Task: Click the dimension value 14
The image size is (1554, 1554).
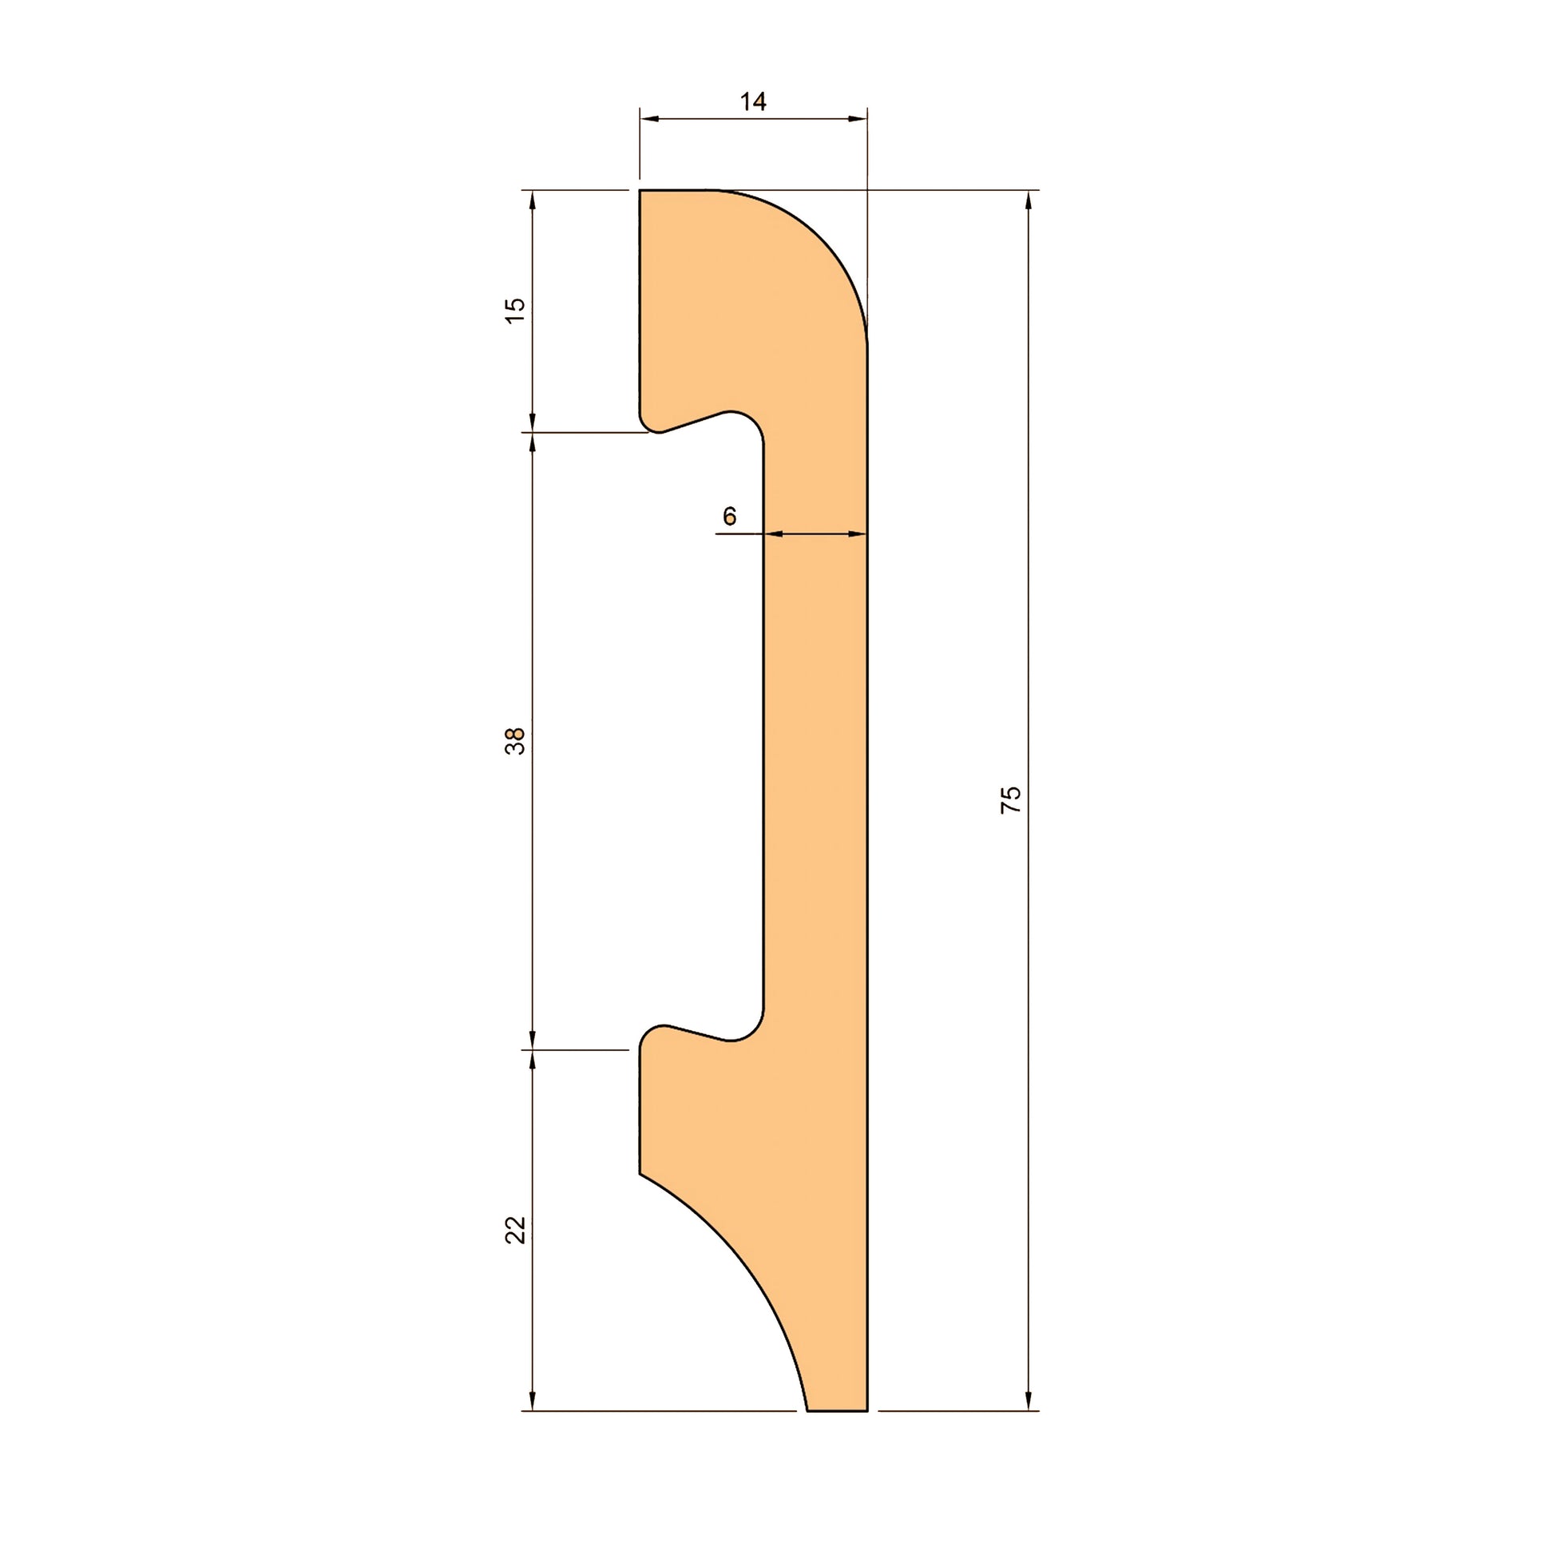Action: tap(753, 102)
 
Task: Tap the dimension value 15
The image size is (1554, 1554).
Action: tap(515, 310)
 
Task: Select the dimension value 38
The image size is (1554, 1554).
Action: tap(515, 741)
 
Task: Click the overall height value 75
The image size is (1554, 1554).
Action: tap(1010, 799)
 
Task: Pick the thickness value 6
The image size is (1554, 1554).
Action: tap(730, 516)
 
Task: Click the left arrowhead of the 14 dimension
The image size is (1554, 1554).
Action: tap(649, 119)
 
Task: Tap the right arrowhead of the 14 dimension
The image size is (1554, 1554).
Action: tap(858, 119)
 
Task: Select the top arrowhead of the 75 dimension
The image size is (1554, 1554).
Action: tap(1029, 200)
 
